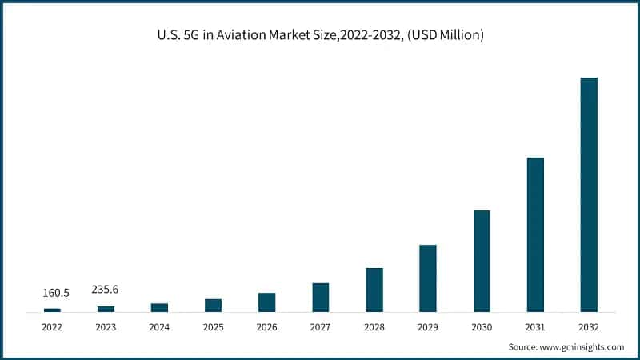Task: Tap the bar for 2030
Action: click(482, 261)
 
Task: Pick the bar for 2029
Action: click(428, 278)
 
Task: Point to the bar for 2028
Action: click(374, 290)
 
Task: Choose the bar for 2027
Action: click(320, 297)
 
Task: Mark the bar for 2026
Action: click(266, 302)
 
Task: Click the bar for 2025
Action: click(213, 305)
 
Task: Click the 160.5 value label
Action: click(56, 293)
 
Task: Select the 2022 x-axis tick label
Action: click(52, 327)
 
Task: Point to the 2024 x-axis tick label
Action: click(159, 327)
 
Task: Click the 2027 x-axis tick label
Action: click(320, 327)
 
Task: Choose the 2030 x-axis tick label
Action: click(482, 327)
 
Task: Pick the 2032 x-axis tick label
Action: click(588, 327)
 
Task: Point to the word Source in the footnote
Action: click(524, 347)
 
